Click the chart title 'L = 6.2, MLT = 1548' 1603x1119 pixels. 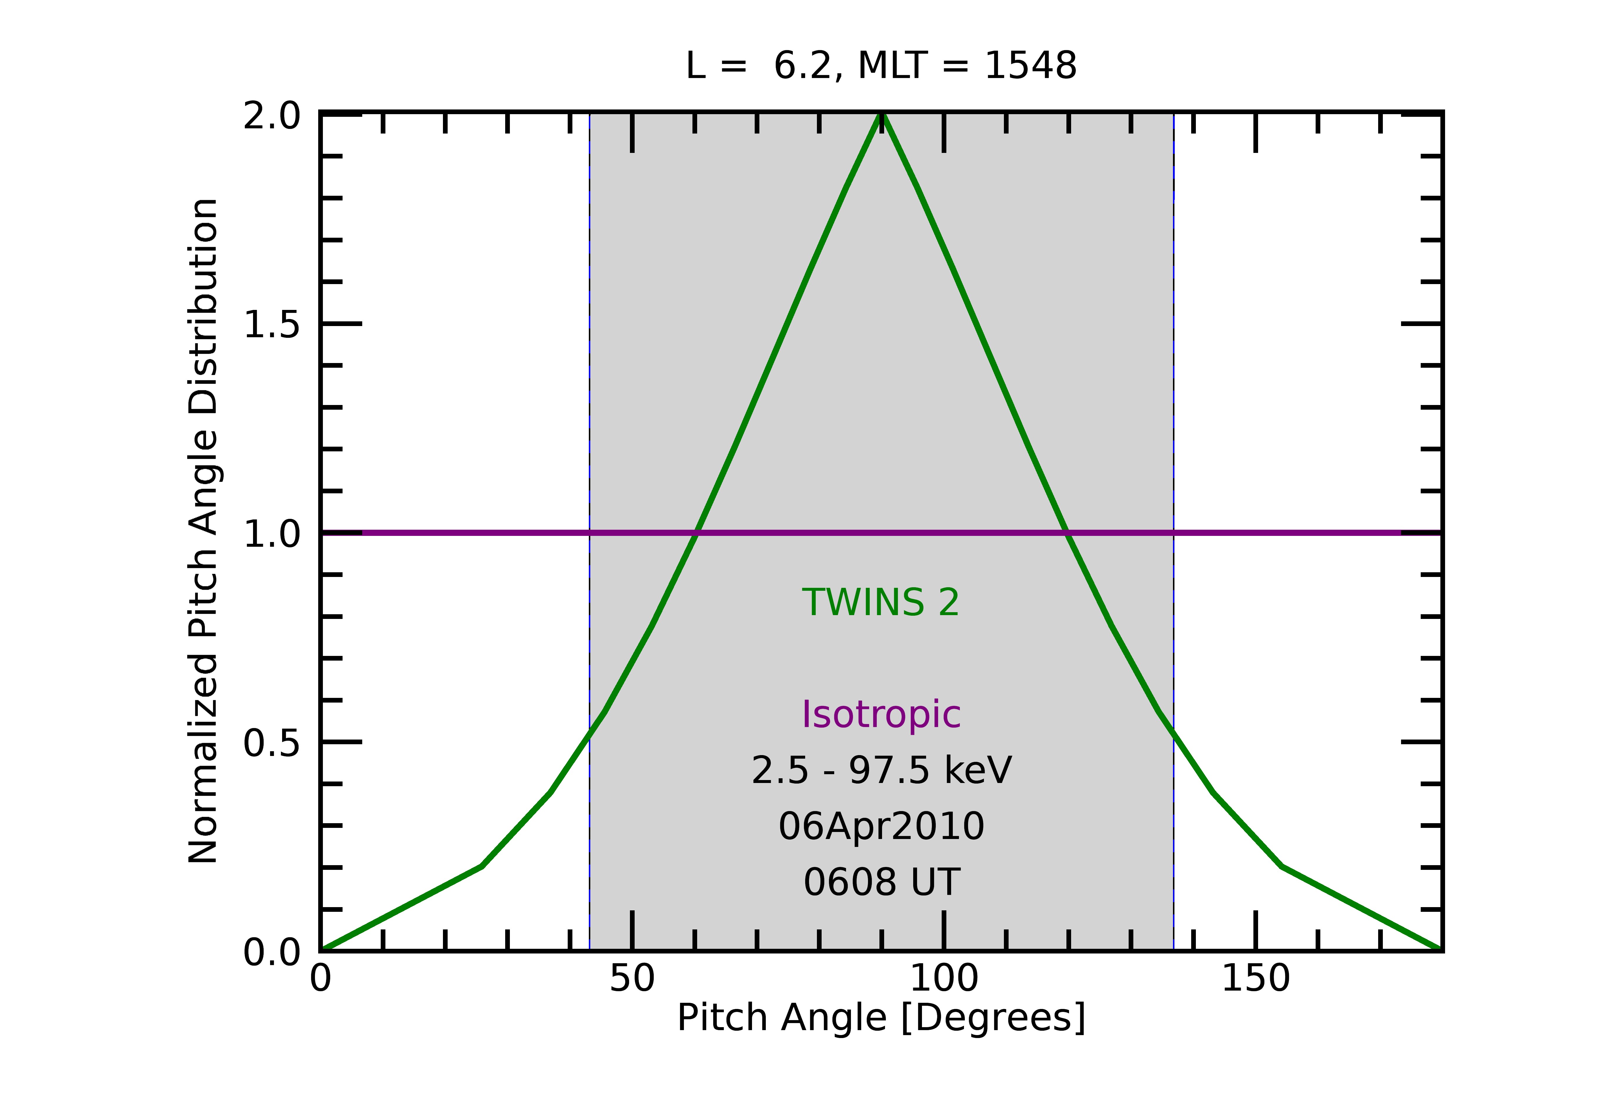(x=881, y=66)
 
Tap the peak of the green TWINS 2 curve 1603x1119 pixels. (x=882, y=114)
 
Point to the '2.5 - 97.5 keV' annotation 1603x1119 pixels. (x=881, y=771)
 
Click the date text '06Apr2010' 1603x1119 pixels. (x=881, y=826)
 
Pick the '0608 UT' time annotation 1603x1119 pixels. (x=881, y=882)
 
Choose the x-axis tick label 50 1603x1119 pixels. (x=632, y=979)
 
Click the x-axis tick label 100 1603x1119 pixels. (x=944, y=979)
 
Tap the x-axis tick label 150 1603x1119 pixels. (x=1255, y=979)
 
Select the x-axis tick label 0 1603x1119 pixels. (x=321, y=979)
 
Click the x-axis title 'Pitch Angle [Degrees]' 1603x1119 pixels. (x=881, y=1018)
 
